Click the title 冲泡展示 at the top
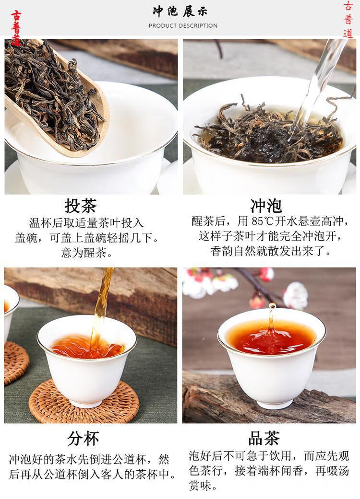click(x=182, y=12)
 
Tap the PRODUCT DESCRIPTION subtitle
click(x=183, y=25)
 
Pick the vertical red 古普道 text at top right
click(x=348, y=19)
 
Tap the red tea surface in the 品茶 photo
click(x=271, y=338)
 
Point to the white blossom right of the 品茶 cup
click(x=295, y=295)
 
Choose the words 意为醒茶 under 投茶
click(x=84, y=253)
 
